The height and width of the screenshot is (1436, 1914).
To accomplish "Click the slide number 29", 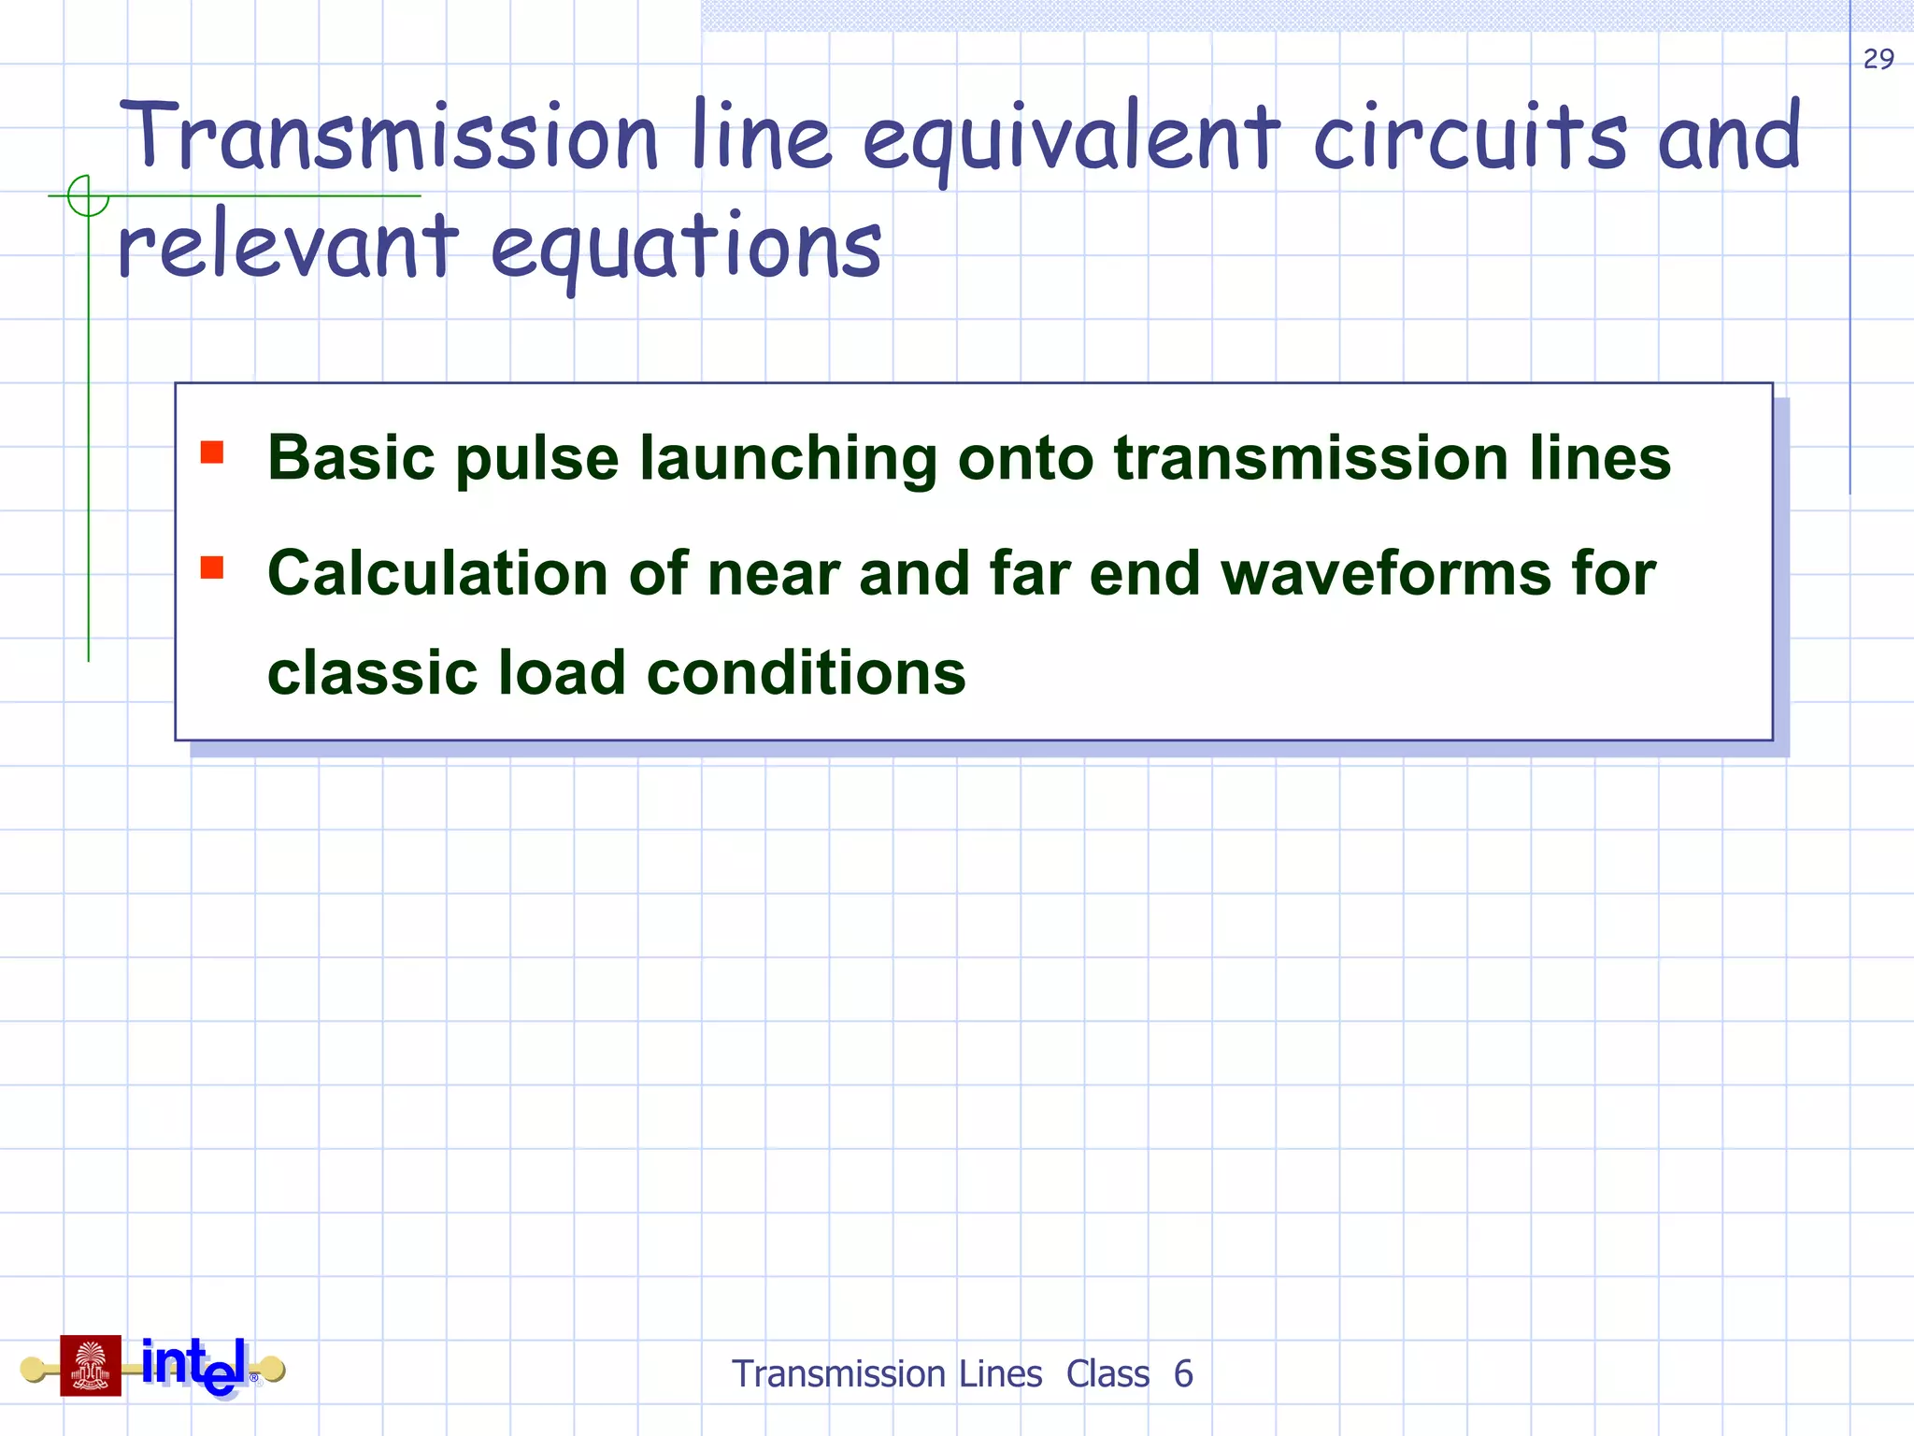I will (1878, 59).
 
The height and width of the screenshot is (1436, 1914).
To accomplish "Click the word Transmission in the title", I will (389, 136).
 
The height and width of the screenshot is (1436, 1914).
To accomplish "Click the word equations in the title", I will (686, 247).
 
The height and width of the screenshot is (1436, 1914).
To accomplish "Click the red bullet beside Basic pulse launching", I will (212, 452).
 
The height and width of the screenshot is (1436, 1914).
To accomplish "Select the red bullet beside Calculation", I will (212, 567).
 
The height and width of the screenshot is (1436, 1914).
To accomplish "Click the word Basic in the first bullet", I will (351, 458).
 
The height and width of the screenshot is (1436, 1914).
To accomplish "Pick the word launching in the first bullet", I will (788, 460).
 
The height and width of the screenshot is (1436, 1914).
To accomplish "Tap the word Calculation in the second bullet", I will (437, 573).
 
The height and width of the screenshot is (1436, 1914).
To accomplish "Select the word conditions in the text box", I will (806, 673).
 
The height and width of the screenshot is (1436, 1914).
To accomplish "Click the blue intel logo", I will (194, 1365).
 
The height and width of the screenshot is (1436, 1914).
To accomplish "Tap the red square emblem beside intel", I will (91, 1365).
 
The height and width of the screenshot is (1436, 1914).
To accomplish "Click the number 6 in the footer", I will (1183, 1374).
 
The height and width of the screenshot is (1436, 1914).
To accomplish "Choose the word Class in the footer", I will (1107, 1374).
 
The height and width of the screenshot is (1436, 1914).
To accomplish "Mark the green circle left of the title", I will (88, 196).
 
